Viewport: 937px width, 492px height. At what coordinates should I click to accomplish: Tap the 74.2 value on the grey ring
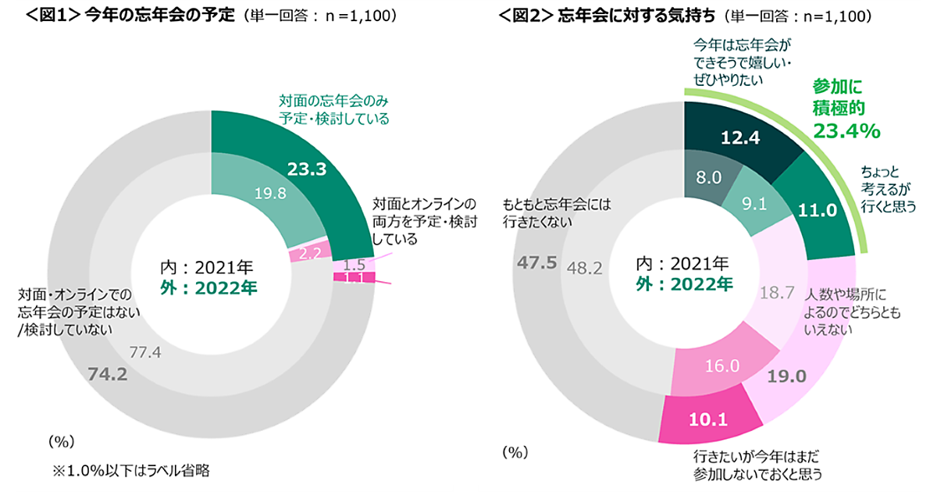point(108,375)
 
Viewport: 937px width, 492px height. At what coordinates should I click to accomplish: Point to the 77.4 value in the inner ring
point(144,352)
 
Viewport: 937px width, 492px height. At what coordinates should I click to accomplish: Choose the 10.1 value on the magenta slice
point(708,420)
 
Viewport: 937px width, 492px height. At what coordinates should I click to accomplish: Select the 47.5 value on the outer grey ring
point(537,262)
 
